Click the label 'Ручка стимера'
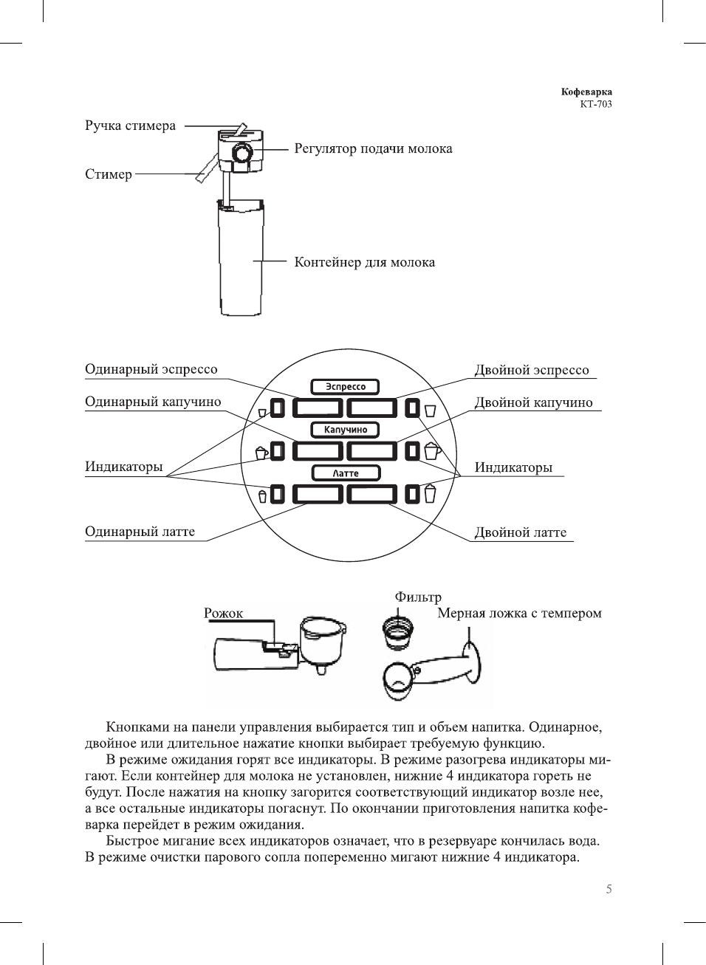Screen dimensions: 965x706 [x=130, y=126]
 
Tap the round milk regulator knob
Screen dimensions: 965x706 [x=241, y=153]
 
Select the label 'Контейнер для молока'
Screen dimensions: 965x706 [x=364, y=262]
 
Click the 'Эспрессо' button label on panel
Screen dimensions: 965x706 [x=345, y=386]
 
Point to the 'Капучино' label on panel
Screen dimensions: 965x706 [x=345, y=429]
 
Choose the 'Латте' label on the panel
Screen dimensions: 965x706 [x=345, y=473]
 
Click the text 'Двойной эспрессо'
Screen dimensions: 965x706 [x=532, y=370]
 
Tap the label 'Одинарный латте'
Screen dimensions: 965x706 [x=140, y=532]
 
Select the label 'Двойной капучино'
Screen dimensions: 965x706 [x=533, y=402]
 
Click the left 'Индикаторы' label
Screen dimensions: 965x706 [x=123, y=467]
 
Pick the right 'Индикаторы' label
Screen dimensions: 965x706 [x=513, y=467]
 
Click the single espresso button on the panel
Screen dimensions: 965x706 [x=318, y=408]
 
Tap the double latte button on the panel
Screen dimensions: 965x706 [x=372, y=494]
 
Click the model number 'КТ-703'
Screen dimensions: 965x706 [x=595, y=104]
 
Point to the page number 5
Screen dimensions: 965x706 [x=609, y=889]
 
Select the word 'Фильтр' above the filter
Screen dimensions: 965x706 [x=418, y=597]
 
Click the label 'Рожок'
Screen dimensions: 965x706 [x=223, y=613]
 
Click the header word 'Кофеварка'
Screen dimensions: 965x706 [x=586, y=92]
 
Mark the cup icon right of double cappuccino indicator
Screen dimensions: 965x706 [x=432, y=450]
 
